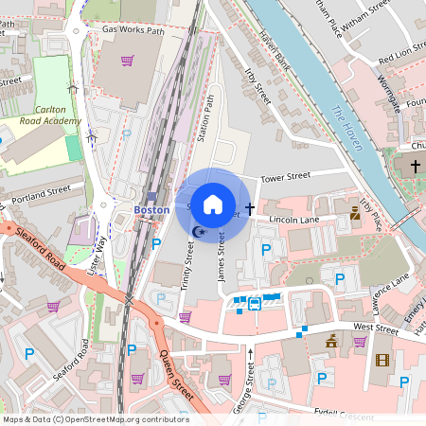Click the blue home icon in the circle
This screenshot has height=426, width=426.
coord(213,204)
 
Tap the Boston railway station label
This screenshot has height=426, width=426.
coord(151,209)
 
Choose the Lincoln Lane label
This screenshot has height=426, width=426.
coord(296,220)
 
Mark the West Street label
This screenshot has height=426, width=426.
coord(376,328)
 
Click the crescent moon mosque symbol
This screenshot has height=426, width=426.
coord(198,231)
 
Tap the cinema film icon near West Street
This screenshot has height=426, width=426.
coord(382,360)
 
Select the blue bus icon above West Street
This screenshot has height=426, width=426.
coord(255,304)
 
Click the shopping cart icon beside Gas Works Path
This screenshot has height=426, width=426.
coord(127,61)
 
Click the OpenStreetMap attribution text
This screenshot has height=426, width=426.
coord(95,419)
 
